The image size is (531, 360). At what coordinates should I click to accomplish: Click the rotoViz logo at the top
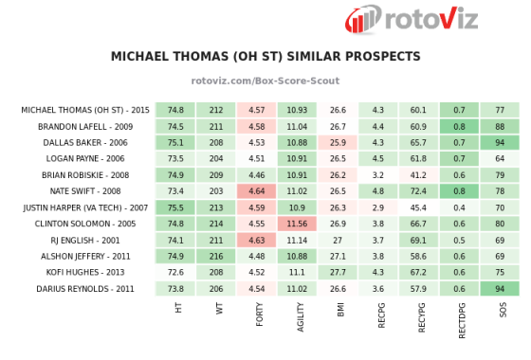(412, 19)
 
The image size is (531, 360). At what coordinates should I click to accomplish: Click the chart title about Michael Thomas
(265, 57)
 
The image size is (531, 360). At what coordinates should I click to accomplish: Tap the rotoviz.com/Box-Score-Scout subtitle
(265, 82)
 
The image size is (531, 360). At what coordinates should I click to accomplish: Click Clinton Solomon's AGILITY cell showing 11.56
(297, 224)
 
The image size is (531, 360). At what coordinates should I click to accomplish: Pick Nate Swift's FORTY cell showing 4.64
(256, 191)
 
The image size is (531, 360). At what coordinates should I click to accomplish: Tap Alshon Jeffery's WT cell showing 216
(216, 256)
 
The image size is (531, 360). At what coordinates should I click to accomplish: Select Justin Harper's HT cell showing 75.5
(175, 207)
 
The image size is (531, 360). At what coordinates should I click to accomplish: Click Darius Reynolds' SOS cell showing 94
(500, 288)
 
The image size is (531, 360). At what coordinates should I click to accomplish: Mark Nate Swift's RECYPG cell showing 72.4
(418, 191)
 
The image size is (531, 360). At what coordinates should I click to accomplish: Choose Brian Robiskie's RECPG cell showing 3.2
(378, 175)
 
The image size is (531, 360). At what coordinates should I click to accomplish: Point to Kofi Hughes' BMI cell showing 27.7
(338, 273)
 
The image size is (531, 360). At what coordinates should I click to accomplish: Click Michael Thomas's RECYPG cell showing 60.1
(418, 110)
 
